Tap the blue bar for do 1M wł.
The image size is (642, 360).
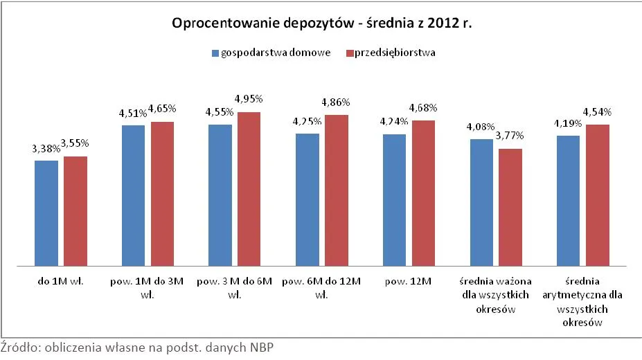point(46,213)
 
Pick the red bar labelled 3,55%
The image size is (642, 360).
point(75,211)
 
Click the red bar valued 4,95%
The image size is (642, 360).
point(249,189)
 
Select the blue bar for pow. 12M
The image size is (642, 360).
point(394,200)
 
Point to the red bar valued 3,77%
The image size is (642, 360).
point(510,207)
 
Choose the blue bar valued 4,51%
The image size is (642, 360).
point(134,195)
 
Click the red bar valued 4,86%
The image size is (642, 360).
point(336,190)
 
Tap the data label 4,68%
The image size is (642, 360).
point(422,108)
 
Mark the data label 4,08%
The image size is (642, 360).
point(481,127)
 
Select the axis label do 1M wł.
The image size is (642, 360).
point(60,282)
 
